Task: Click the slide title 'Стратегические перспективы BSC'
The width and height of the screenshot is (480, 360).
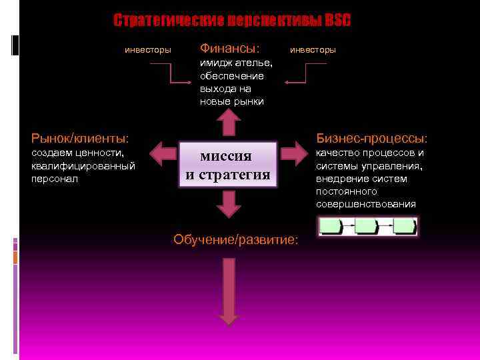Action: (x=232, y=21)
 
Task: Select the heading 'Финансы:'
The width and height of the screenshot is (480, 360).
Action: (x=229, y=49)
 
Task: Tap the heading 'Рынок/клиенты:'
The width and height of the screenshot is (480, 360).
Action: (x=80, y=139)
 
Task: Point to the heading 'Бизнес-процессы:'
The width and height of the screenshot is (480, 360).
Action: (x=371, y=139)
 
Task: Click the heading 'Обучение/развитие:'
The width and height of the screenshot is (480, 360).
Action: (x=236, y=239)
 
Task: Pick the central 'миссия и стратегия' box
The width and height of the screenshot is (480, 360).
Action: (x=228, y=165)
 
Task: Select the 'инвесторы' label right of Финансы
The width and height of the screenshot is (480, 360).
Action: (x=313, y=50)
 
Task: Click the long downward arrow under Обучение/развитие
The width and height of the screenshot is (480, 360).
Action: (x=229, y=291)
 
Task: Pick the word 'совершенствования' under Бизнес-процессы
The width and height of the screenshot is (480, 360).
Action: (x=366, y=204)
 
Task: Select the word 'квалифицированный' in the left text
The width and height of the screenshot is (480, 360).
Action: (x=83, y=166)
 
